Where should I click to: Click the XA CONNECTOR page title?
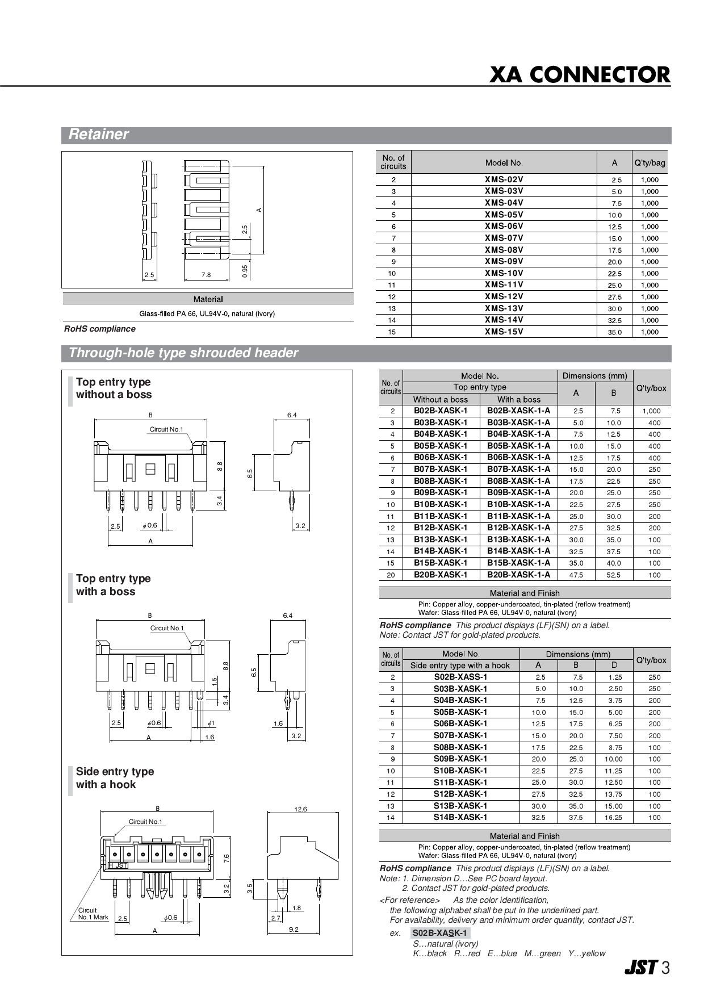[x=579, y=75]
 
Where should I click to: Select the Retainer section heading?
[x=98, y=135]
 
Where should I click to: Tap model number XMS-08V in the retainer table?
[x=504, y=250]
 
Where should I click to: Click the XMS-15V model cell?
[x=504, y=332]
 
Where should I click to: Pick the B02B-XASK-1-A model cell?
[x=518, y=411]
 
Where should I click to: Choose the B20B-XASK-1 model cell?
[x=441, y=575]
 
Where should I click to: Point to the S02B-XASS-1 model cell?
[x=460, y=677]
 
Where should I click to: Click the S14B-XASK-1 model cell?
[x=460, y=817]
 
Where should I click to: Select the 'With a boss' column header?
[x=518, y=399]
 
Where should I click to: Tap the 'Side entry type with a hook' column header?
[x=460, y=666]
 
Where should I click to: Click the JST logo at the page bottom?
[x=641, y=968]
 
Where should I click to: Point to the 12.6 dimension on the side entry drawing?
[x=300, y=809]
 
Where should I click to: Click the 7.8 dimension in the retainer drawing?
[x=206, y=275]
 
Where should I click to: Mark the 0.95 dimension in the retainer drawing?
[x=245, y=271]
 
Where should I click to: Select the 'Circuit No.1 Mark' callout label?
[x=93, y=914]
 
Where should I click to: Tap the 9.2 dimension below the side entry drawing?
[x=294, y=929]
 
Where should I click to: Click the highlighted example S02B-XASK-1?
[x=439, y=933]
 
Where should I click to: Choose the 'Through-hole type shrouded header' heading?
[x=183, y=353]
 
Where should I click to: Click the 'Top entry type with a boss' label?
[x=113, y=585]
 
